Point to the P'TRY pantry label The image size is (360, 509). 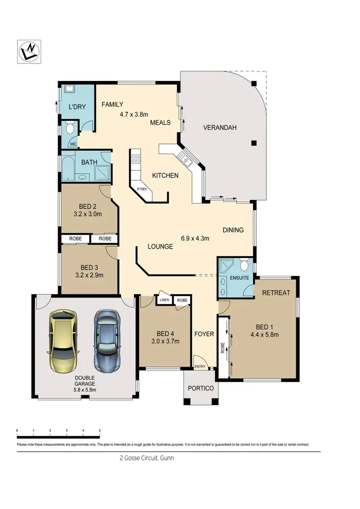pos(142,189)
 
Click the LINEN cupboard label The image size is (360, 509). pos(165,300)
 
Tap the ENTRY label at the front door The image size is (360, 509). pos(199,367)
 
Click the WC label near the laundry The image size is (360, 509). pos(73,143)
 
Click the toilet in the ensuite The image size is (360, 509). pos(244,266)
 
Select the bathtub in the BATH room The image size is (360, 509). pos(66,168)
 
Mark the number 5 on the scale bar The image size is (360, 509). pos(99,431)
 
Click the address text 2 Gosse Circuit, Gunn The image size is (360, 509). pos(146,458)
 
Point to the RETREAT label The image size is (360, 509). pos(276,292)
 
